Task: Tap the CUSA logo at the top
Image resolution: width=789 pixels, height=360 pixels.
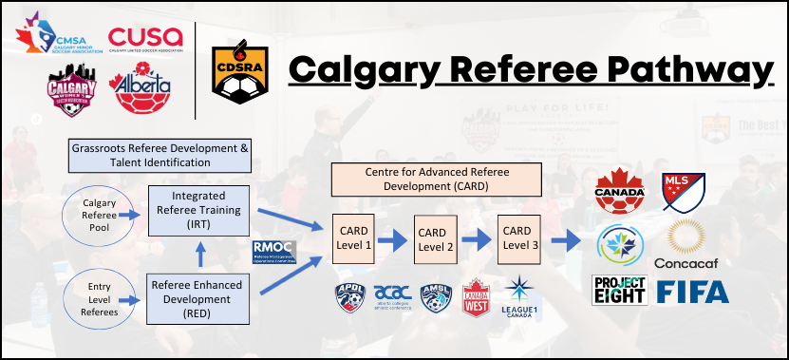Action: pyautogui.click(x=145, y=36)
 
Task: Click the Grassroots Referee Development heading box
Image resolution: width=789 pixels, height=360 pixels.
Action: pyautogui.click(x=160, y=156)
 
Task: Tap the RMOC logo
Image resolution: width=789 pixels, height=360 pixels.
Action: pyautogui.click(x=274, y=253)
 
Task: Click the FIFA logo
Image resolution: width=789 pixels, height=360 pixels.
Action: pyautogui.click(x=693, y=292)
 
